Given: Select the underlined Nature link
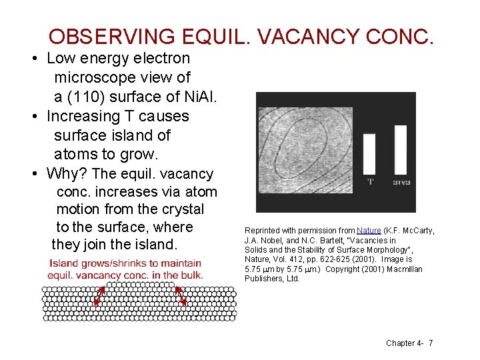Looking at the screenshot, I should pos(367,231).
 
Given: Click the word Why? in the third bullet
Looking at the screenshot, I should pos(67,174).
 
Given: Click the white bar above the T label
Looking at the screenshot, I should pos(369,154).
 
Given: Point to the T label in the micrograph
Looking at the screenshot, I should pos(369,181).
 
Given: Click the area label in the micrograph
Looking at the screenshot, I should pos(401,181).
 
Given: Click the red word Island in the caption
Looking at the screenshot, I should pos(64,263).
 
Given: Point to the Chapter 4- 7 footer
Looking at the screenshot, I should pos(409,343).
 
